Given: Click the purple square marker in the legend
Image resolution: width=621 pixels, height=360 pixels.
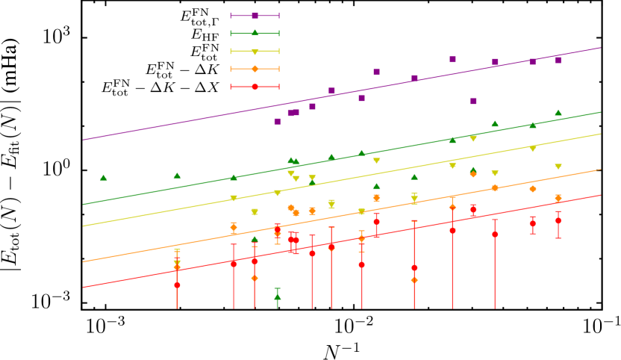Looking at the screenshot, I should click(x=255, y=16).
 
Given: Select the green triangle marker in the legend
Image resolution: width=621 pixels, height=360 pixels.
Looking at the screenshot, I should click(x=255, y=33).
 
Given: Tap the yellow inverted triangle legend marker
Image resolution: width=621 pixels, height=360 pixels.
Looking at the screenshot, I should click(x=255, y=52).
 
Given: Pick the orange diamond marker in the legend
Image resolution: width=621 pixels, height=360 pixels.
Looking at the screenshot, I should click(x=255, y=69).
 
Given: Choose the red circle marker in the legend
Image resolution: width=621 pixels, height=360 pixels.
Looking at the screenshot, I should click(x=255, y=87).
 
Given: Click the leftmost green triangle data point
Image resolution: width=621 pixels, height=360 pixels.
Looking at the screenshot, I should click(x=104, y=178).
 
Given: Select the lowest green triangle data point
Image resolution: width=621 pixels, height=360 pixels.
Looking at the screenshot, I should click(x=278, y=297).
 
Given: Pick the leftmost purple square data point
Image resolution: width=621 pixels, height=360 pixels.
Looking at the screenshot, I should click(x=278, y=121).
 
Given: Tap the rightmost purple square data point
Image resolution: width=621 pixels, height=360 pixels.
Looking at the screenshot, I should click(x=558, y=60).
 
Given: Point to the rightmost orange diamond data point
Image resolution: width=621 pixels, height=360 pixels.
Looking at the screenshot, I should click(x=558, y=199).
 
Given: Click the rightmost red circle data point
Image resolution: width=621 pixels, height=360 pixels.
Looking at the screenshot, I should click(x=558, y=220).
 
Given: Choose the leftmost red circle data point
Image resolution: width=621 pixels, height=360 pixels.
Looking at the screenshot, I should click(x=177, y=285).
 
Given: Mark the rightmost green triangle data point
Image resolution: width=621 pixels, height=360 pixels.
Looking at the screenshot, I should click(x=558, y=113).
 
